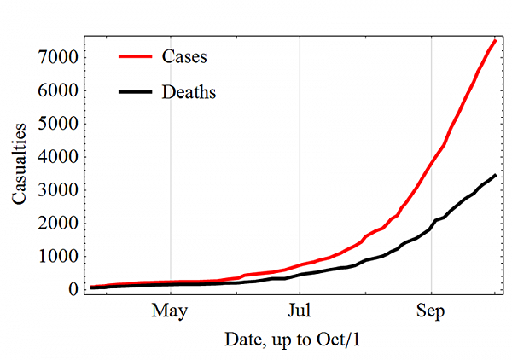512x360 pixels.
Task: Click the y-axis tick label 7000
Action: click(59, 57)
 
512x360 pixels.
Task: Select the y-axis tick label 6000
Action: click(59, 90)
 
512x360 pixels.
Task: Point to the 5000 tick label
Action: click(59, 124)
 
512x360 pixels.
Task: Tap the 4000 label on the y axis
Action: click(59, 157)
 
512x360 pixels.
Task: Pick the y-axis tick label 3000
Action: click(59, 190)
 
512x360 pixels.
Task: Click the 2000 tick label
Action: click(59, 224)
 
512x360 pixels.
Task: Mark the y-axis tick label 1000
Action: click(59, 257)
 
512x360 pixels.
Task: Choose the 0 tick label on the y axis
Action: click(72, 290)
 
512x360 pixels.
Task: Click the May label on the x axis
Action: click(171, 311)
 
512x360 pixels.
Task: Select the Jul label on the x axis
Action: click(300, 311)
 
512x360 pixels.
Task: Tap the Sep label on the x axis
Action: click(431, 311)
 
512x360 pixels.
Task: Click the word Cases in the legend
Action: click(184, 58)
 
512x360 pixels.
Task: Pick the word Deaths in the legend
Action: click(189, 92)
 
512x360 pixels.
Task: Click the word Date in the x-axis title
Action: click(242, 339)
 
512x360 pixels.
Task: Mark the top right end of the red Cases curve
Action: click(496, 41)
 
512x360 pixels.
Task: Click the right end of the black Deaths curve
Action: click(496, 175)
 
